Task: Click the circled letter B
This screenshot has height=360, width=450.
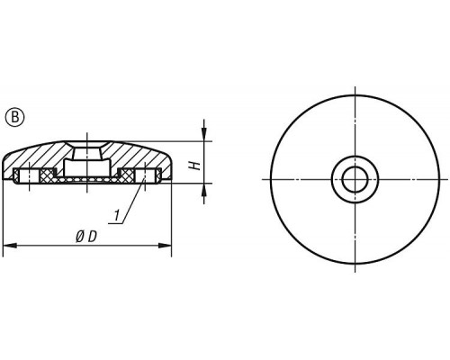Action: coord(14,117)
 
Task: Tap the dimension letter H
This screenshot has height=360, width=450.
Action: coord(195,165)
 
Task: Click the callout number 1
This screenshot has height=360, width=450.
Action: coord(116,215)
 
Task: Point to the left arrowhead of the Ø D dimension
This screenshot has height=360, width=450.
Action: coord(9,246)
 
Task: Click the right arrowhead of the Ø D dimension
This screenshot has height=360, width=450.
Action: coord(165,246)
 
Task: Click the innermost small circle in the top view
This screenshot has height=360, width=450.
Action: coord(355,179)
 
